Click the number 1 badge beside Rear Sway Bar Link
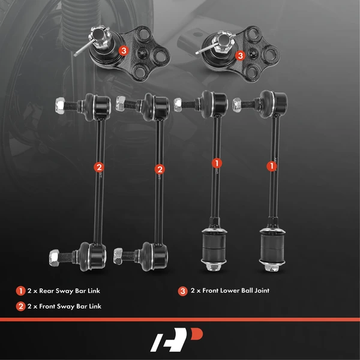(20, 291)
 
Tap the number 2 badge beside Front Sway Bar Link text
(20, 307)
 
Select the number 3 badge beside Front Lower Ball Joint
(182, 291)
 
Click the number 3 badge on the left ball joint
(123, 51)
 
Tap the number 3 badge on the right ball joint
(240, 55)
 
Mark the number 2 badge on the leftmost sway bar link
(99, 168)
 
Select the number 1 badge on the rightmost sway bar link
(271, 163)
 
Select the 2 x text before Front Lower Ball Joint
(196, 291)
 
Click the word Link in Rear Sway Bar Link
(93, 291)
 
